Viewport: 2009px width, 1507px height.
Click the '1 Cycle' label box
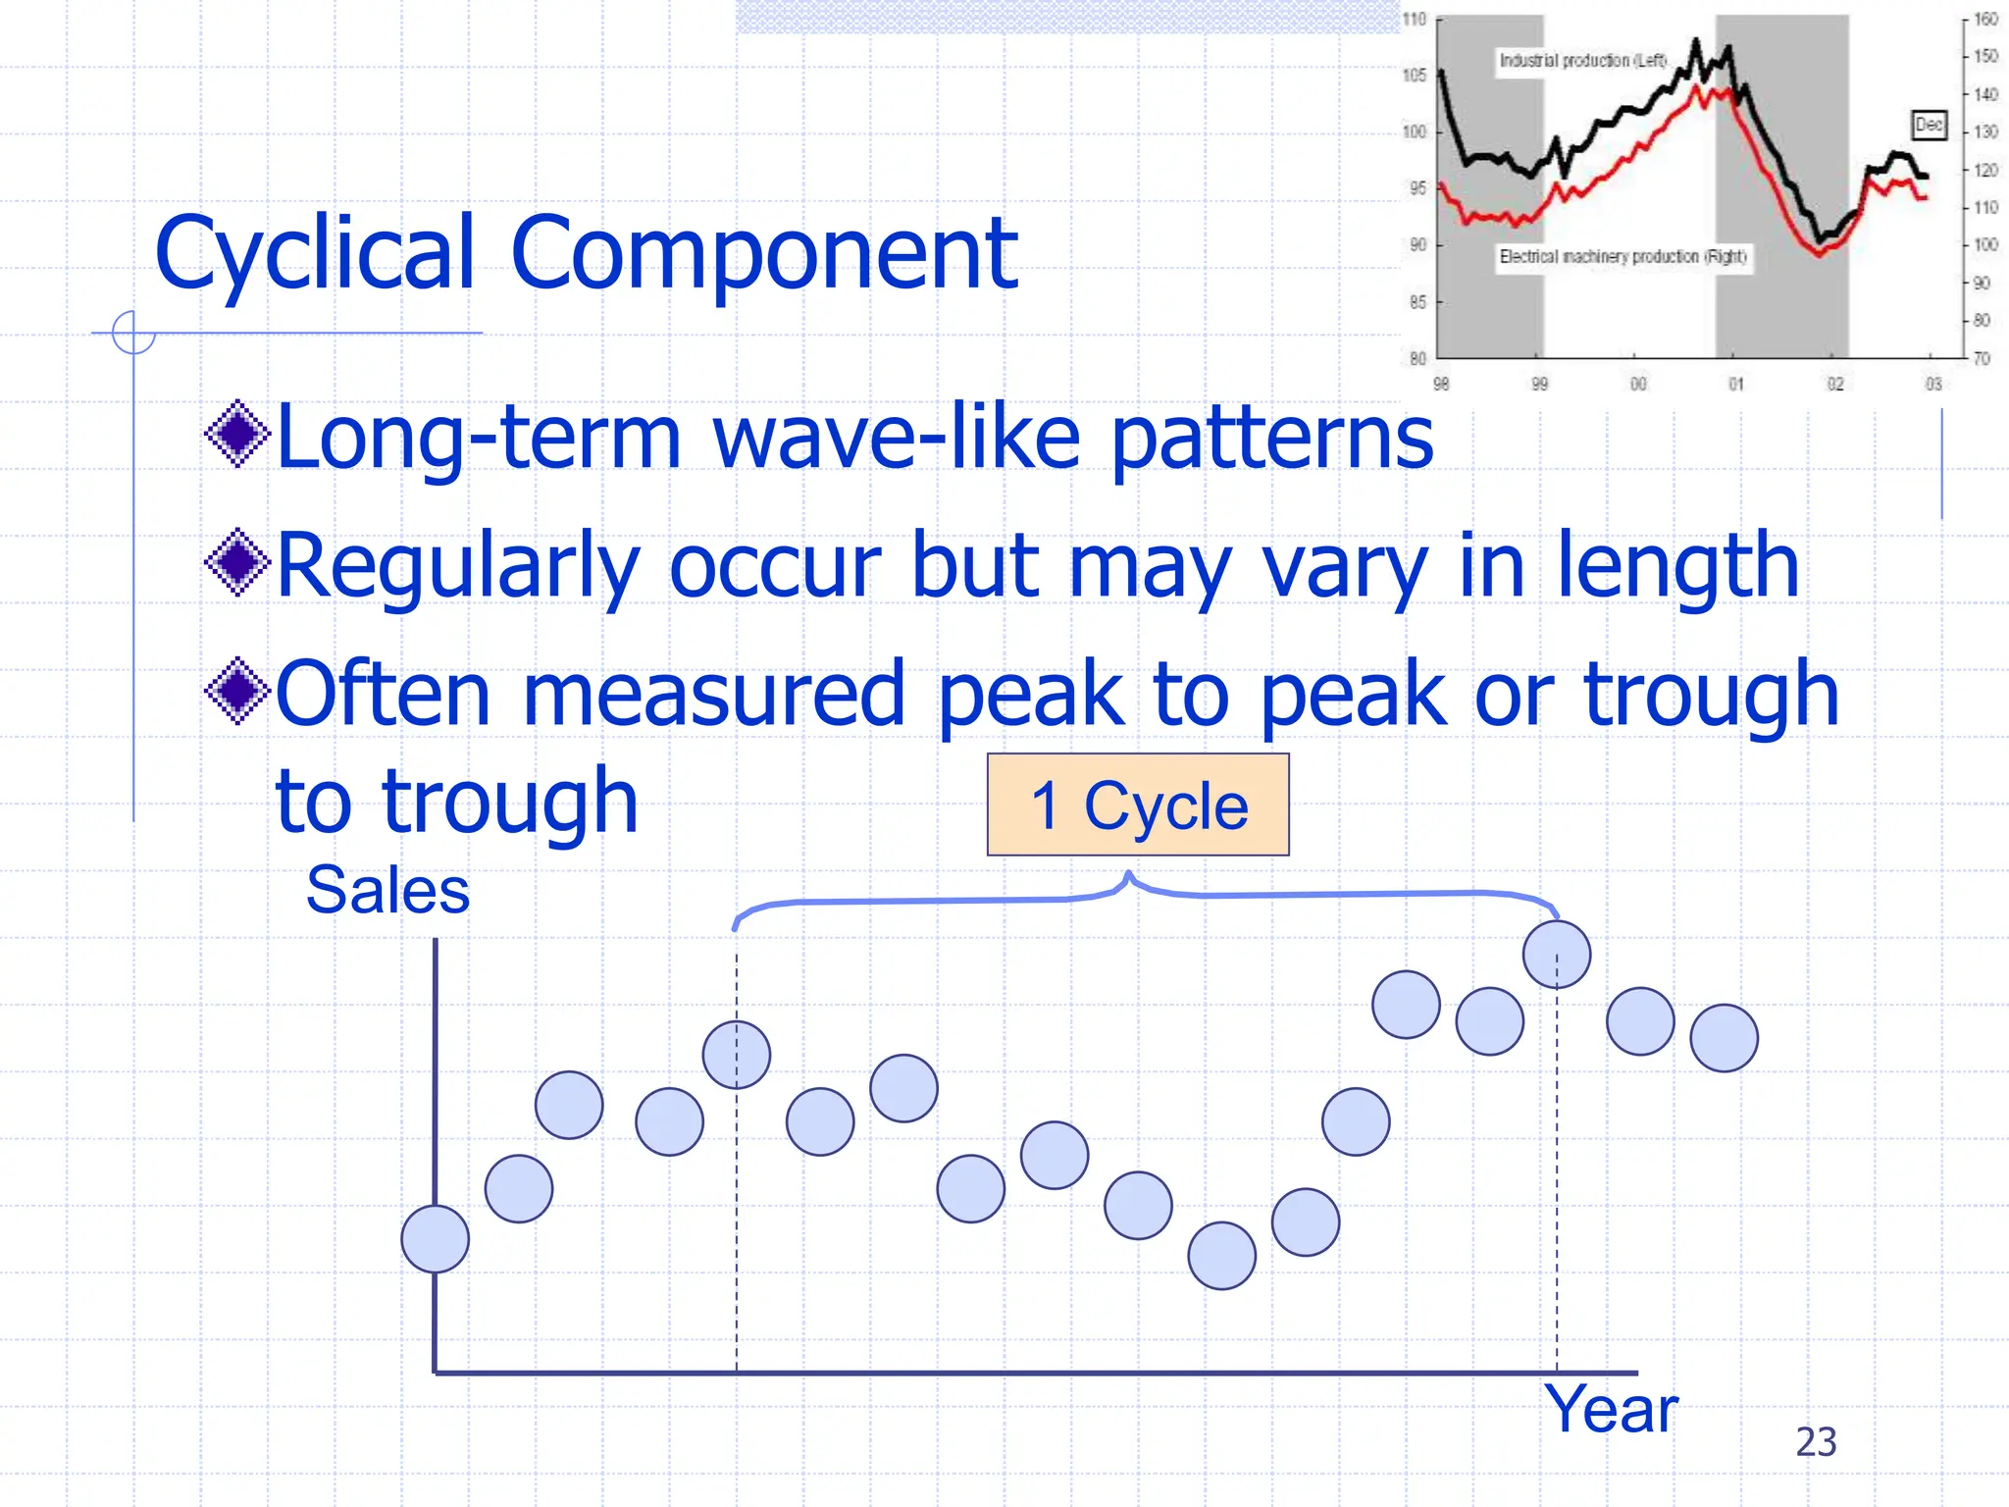tap(1138, 805)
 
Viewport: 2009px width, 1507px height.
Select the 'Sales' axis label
tap(387, 890)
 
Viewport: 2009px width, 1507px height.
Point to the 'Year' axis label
tap(1611, 1409)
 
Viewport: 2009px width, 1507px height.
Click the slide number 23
tap(1816, 1441)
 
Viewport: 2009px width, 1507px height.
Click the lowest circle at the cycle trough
tap(1221, 1255)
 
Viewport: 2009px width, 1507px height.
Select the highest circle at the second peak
tap(1557, 954)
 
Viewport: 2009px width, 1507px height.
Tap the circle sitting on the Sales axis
tap(435, 1238)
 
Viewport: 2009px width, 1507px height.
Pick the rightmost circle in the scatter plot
tap(1724, 1037)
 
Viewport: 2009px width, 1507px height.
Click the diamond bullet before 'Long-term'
tap(237, 433)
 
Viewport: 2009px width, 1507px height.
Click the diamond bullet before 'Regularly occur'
tap(237, 562)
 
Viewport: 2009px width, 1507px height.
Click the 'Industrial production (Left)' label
tap(1582, 60)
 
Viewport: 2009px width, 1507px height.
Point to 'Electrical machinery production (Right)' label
tap(1623, 256)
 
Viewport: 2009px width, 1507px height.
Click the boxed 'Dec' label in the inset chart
tap(1929, 125)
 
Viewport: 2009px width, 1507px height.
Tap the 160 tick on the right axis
tap(1985, 19)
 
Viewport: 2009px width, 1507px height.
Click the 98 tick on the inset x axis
tap(1440, 384)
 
